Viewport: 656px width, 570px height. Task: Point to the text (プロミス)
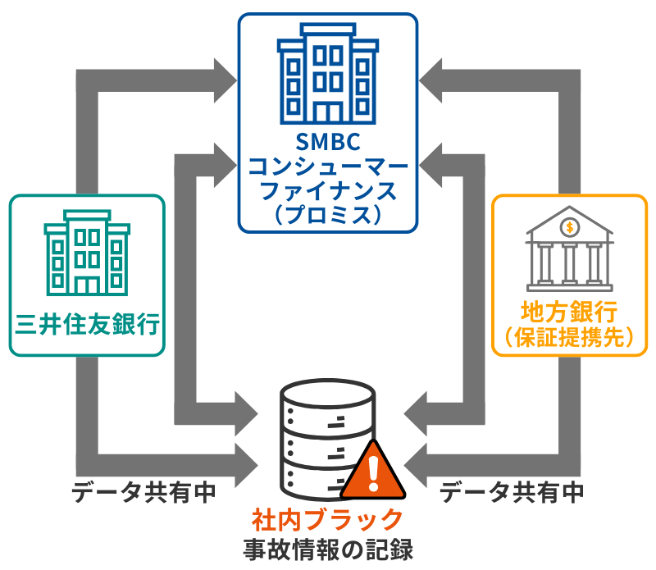[x=328, y=214]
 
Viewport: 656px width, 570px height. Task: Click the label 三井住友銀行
[x=87, y=324]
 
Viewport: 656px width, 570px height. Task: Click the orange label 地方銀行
[x=569, y=312]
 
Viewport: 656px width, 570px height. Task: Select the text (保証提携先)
[x=569, y=338]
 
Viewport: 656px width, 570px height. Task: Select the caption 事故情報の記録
[x=328, y=548]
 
